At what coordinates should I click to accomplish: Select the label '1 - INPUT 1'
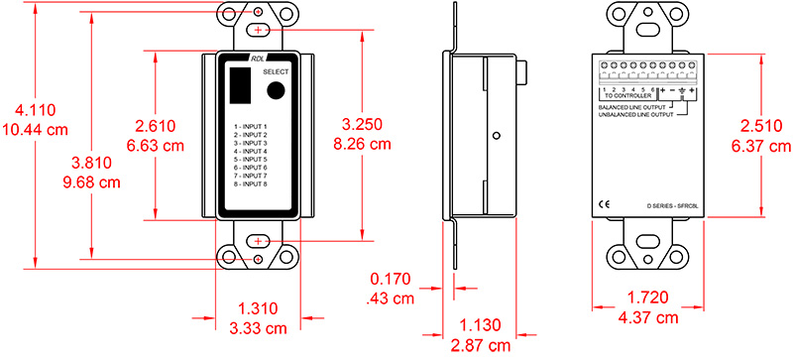pyautogui.click(x=258, y=127)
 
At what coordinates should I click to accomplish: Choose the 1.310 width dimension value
pyautogui.click(x=257, y=309)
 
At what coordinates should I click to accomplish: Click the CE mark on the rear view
pyautogui.click(x=604, y=205)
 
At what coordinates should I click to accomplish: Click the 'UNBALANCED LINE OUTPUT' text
pyautogui.click(x=633, y=116)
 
